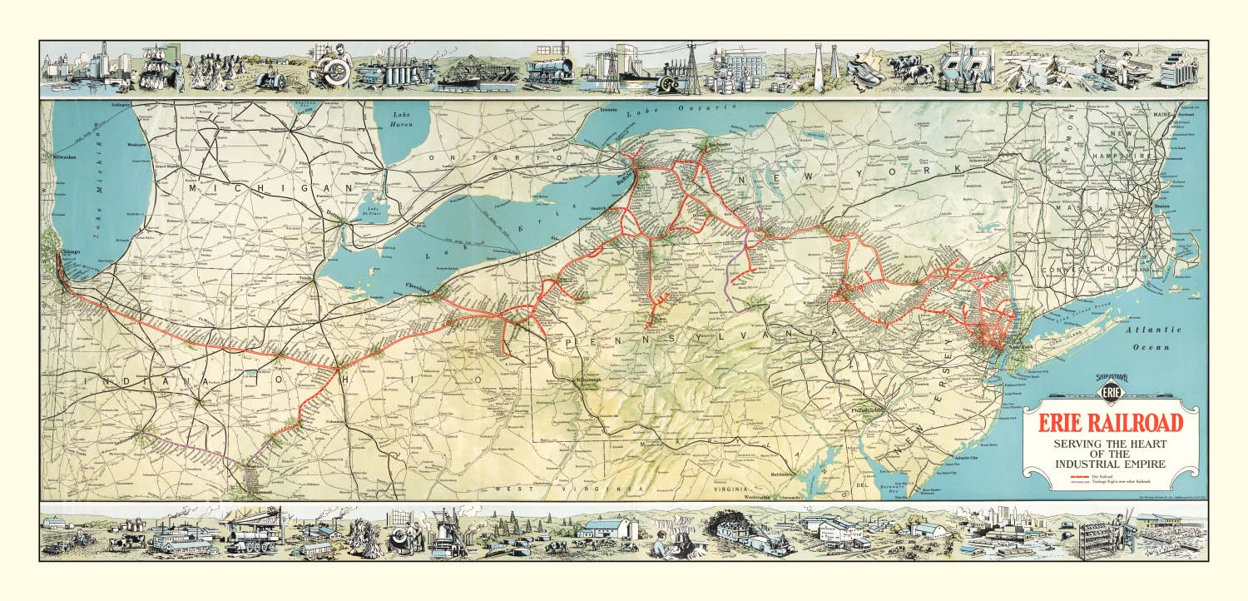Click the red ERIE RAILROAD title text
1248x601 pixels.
click(x=1110, y=421)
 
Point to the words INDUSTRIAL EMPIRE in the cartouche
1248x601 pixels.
click(x=1110, y=463)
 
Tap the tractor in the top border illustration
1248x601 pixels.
click(x=271, y=77)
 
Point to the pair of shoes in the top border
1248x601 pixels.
click(x=866, y=71)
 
